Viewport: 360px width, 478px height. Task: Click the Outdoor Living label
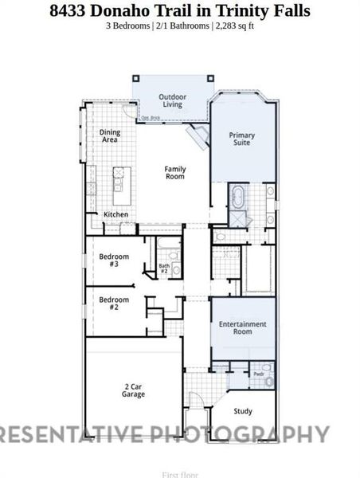(x=172, y=100)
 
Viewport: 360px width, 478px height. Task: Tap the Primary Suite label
(x=242, y=139)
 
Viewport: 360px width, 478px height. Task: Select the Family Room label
(x=175, y=172)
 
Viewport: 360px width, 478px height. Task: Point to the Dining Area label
(x=109, y=135)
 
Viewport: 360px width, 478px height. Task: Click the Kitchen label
(x=115, y=214)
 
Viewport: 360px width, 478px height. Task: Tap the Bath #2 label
(x=164, y=268)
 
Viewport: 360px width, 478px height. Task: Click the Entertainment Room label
(x=243, y=328)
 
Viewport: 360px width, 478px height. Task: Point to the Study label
(x=243, y=411)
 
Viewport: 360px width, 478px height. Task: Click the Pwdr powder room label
(x=259, y=373)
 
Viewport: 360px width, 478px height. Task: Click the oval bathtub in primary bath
(x=238, y=196)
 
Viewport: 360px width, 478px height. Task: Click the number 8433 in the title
(x=72, y=10)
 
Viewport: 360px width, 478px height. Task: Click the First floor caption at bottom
(x=179, y=474)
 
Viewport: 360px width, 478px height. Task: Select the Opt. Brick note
(x=151, y=118)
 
